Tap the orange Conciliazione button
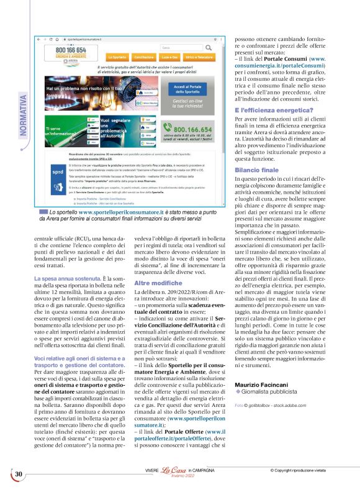(144, 56)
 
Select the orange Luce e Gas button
(171, 56)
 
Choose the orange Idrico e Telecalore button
(200, 56)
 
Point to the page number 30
(19, 475)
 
